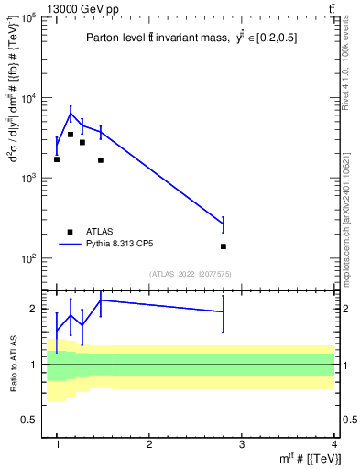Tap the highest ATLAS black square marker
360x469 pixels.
tap(71, 135)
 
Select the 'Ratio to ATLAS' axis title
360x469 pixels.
tap(11, 364)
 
